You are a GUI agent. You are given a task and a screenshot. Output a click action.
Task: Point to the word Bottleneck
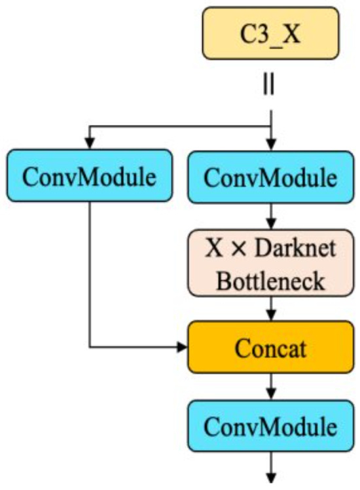pos(270,281)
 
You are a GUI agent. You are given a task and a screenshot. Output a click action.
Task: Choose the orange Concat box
pos(270,347)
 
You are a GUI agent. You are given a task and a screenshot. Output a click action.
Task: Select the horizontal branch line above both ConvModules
pos(180,127)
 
